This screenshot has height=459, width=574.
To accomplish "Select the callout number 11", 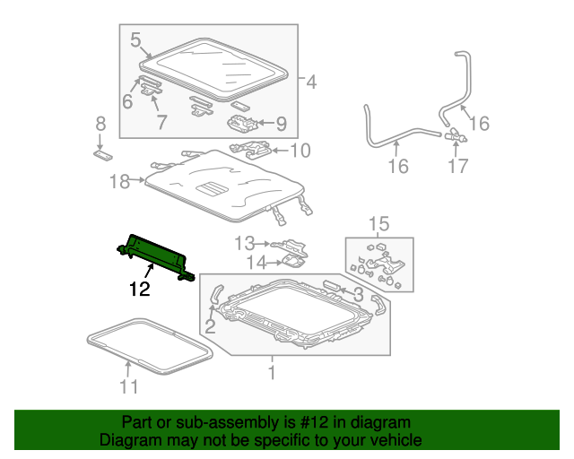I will (x=129, y=386).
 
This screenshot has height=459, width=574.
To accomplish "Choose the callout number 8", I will (x=100, y=124).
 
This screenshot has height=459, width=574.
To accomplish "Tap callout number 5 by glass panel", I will (x=135, y=39).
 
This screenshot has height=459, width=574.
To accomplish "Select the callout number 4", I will (x=310, y=83).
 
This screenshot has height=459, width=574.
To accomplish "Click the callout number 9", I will (x=281, y=124).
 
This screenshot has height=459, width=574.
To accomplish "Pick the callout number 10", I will (x=300, y=150).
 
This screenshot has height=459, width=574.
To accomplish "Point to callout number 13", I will (x=245, y=242).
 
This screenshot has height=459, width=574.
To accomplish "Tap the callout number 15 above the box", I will (x=379, y=222).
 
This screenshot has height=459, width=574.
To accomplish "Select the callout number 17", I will (x=457, y=166).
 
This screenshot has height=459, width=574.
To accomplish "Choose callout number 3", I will (x=357, y=295).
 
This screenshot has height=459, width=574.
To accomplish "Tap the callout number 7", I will (x=161, y=123).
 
